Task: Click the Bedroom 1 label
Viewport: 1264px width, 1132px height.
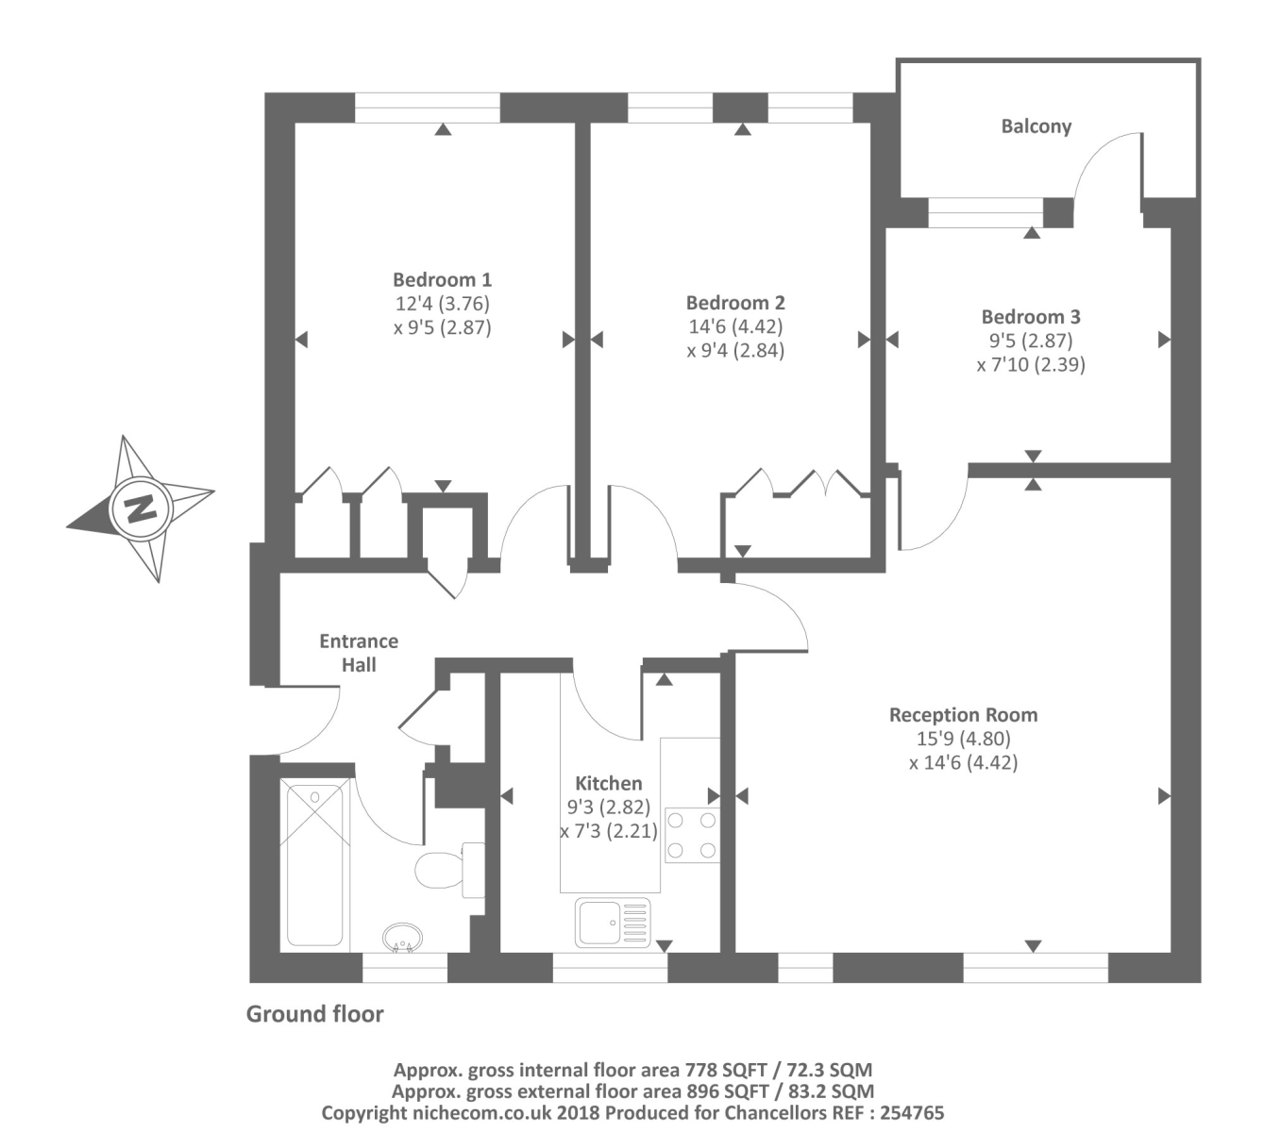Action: tap(442, 279)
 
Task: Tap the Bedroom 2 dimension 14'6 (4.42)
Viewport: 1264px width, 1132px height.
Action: tap(735, 326)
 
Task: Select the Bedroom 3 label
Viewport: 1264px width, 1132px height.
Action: tap(1031, 317)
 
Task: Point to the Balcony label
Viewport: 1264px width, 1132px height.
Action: tap(1036, 126)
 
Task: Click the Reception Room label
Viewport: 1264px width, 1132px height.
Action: tap(963, 714)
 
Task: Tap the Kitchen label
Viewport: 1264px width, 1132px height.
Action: tap(608, 783)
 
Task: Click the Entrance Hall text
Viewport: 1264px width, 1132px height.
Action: tap(359, 653)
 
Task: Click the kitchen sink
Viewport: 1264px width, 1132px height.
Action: tap(613, 923)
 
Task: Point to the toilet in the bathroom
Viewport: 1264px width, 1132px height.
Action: tap(450, 870)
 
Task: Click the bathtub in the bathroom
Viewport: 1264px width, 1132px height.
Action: tap(314, 866)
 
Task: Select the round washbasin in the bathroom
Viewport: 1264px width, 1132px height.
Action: tap(402, 938)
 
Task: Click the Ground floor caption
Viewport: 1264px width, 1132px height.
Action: tap(314, 1014)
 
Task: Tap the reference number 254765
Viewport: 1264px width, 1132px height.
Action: tap(912, 1113)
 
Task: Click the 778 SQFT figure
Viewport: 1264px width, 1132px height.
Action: tap(726, 1071)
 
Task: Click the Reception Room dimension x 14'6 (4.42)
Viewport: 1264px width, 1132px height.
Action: tap(963, 762)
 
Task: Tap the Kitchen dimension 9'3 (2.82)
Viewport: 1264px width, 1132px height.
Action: tap(608, 807)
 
